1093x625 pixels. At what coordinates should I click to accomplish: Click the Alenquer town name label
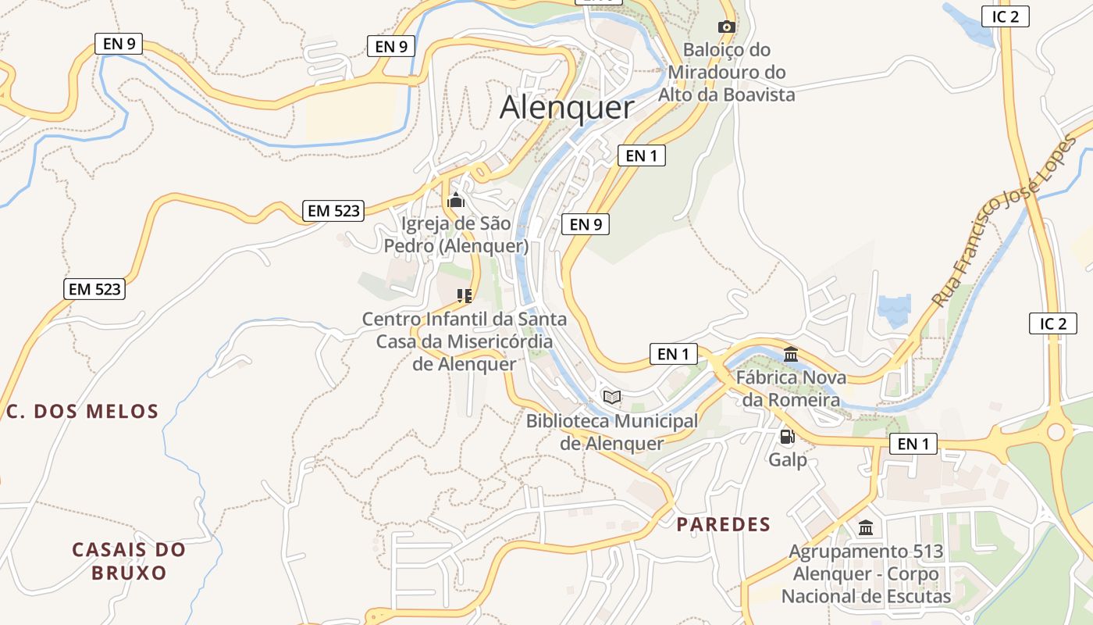click(x=567, y=108)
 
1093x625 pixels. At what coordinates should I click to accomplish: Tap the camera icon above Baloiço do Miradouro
click(x=726, y=27)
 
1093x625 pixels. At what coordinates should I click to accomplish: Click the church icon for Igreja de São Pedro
click(x=456, y=201)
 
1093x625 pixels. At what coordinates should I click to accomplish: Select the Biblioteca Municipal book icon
click(x=612, y=398)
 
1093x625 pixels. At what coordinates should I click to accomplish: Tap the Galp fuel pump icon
click(x=787, y=437)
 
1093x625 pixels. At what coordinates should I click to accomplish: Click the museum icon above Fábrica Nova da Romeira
click(x=790, y=355)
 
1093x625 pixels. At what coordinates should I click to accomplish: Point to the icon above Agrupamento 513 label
click(x=866, y=528)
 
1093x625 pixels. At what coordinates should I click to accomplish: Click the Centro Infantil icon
click(x=465, y=295)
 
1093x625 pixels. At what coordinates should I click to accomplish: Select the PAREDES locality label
click(x=723, y=524)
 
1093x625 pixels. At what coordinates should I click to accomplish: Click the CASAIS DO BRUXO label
click(x=129, y=561)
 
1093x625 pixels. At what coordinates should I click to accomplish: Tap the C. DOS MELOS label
click(x=83, y=412)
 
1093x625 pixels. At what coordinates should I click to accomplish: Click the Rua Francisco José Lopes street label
click(x=1003, y=221)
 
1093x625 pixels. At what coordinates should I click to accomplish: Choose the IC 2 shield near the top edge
click(x=1005, y=16)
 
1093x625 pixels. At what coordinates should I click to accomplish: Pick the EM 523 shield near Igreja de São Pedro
click(x=333, y=210)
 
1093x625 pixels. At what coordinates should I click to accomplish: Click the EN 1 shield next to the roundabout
click(x=913, y=445)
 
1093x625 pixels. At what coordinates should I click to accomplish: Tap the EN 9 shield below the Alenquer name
click(x=585, y=224)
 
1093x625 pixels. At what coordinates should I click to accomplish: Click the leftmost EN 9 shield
click(x=119, y=44)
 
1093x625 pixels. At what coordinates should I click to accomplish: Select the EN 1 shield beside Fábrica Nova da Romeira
click(x=673, y=354)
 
